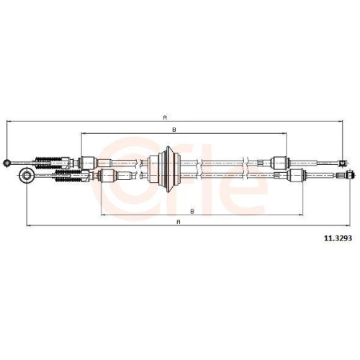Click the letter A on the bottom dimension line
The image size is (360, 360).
[x=178, y=222]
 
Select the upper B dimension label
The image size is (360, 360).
[x=175, y=129]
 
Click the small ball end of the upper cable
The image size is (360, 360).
[x=7, y=162]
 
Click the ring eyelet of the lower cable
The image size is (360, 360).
[x=27, y=175]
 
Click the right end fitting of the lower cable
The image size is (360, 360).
[x=349, y=174]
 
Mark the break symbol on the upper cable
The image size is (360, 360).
[x=246, y=162]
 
